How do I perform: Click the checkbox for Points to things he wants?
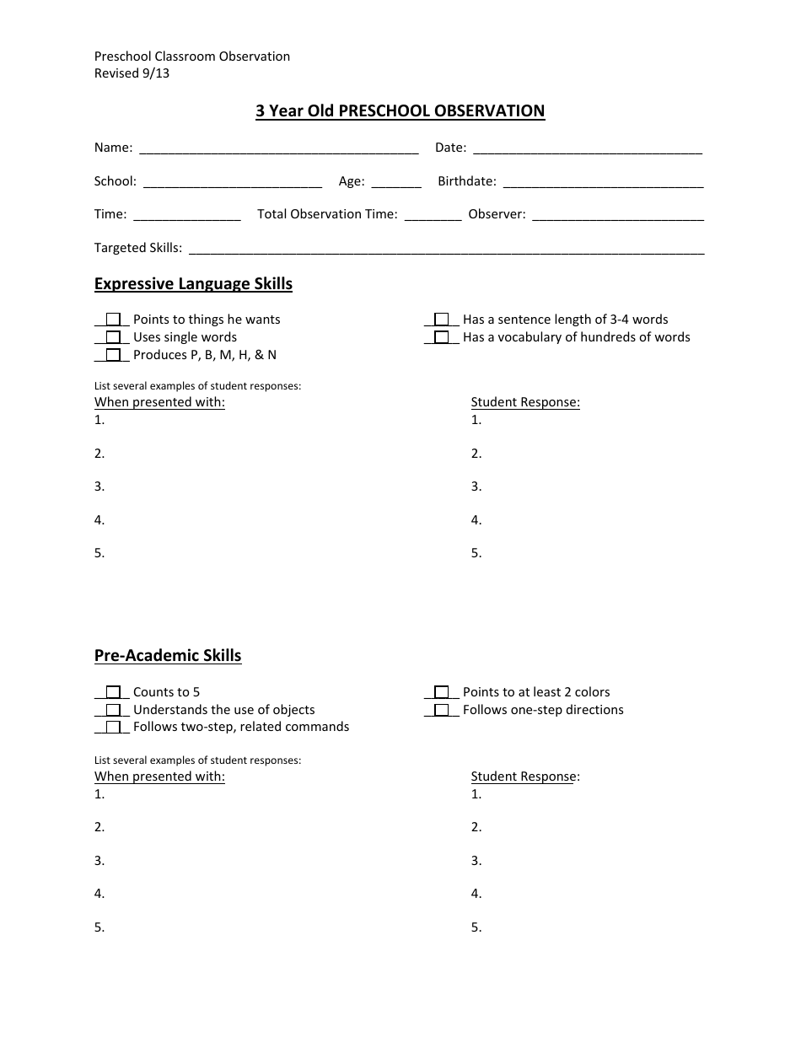pyautogui.click(x=113, y=320)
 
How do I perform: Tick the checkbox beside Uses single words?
pyautogui.click(x=113, y=338)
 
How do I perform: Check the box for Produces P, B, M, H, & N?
pyautogui.click(x=113, y=356)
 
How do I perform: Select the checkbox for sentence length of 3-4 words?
pyautogui.click(x=442, y=320)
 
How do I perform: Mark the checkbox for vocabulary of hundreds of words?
pyautogui.click(x=442, y=338)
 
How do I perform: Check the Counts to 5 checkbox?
pyautogui.click(x=113, y=693)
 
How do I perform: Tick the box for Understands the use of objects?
pyautogui.click(x=113, y=711)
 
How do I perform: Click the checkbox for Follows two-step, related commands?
pyautogui.click(x=113, y=728)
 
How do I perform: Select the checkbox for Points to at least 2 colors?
pyautogui.click(x=442, y=693)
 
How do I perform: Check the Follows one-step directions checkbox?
pyautogui.click(x=442, y=711)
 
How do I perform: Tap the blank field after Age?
pyautogui.click(x=395, y=183)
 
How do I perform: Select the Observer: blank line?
pyautogui.click(x=618, y=216)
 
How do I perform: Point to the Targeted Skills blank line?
pyautogui.click(x=447, y=250)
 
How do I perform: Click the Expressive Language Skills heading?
pyautogui.click(x=193, y=284)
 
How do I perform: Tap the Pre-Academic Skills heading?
pyautogui.click(x=168, y=656)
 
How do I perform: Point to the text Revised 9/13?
pyautogui.click(x=132, y=73)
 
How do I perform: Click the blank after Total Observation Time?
pyautogui.click(x=433, y=216)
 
